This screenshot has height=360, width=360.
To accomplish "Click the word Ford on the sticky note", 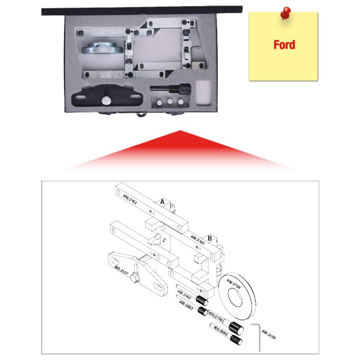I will click(284, 45).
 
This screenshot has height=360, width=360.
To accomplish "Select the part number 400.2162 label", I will click(130, 200).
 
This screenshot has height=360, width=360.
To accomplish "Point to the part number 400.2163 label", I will click(197, 240).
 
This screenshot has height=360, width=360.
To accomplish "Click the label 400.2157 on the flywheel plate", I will click(121, 272).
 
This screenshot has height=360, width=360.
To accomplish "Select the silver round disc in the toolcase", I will click(102, 48).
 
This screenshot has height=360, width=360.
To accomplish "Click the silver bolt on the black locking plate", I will click(106, 100).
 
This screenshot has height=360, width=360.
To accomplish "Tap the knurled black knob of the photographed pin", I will click(185, 88).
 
